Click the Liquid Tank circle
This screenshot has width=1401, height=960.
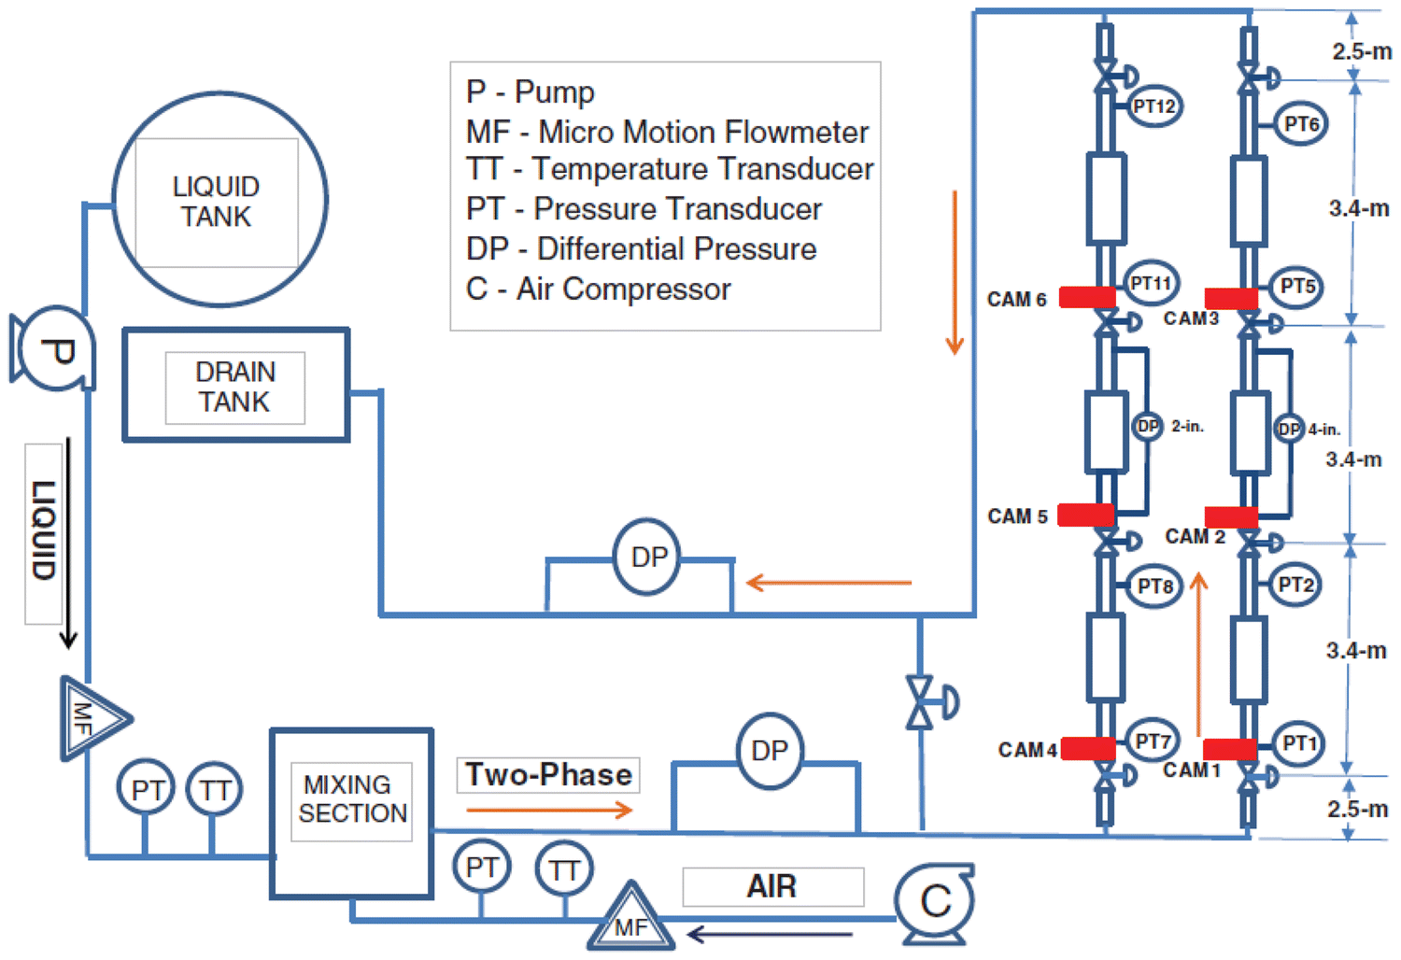(219, 199)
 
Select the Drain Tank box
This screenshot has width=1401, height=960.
(235, 385)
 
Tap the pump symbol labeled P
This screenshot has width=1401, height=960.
(54, 349)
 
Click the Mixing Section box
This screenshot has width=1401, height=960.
(351, 812)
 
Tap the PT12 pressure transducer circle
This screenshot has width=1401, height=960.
(1153, 106)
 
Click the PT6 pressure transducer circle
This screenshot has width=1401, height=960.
(1301, 124)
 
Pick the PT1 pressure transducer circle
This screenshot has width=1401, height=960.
(1299, 743)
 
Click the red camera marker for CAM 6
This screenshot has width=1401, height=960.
(1087, 297)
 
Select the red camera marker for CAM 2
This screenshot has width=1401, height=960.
(1231, 516)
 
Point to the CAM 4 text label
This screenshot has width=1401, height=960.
(1027, 750)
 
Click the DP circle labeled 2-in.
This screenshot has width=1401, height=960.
(1147, 427)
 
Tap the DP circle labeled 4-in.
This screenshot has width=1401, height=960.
(1289, 429)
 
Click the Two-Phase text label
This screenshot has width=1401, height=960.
(548, 775)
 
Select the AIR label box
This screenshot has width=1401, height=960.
(772, 886)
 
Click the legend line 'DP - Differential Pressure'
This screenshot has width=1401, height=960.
(641, 249)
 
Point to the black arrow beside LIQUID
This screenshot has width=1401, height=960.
(68, 543)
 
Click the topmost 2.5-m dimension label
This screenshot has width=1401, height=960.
(1361, 51)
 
